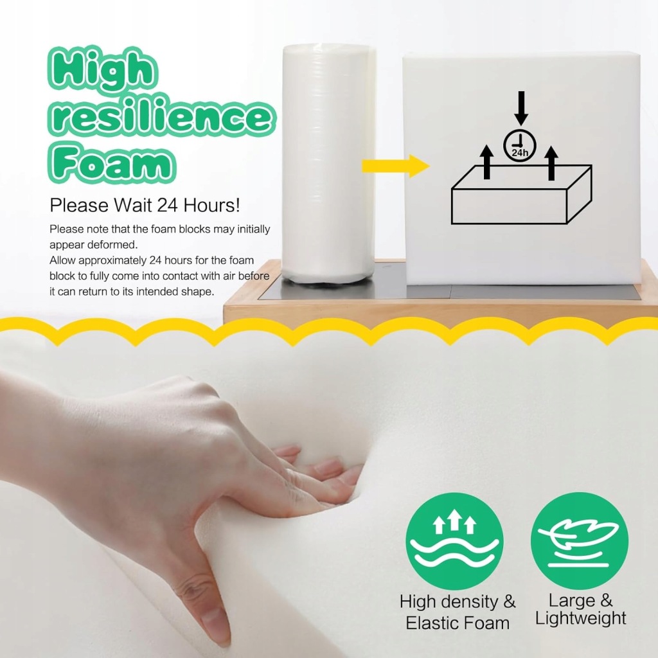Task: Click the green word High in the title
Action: (103, 69)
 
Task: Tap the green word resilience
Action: (161, 116)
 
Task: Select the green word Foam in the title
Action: (112, 162)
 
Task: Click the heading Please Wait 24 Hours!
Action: (145, 205)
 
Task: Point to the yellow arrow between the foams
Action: (395, 166)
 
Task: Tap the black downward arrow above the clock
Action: (521, 108)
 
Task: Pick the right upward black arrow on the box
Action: (551, 163)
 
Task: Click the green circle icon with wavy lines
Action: (454, 541)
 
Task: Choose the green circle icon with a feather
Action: (580, 541)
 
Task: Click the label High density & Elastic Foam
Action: (458, 612)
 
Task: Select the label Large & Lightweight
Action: (581, 609)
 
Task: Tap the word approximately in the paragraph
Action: (112, 261)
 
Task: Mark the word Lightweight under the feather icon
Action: (581, 619)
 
